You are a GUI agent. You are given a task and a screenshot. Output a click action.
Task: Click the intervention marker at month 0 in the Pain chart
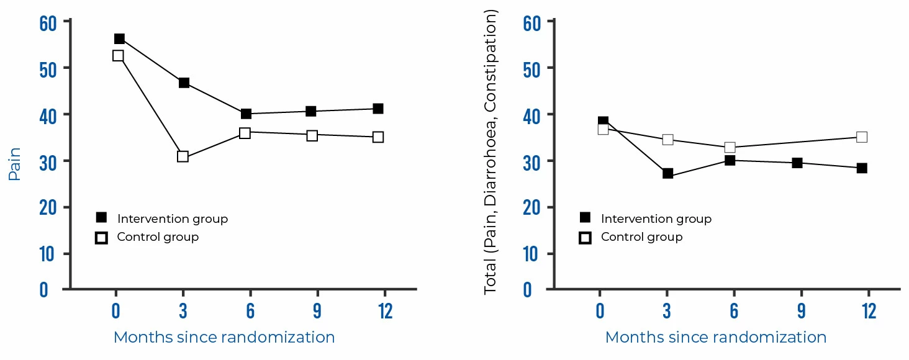pos(119,39)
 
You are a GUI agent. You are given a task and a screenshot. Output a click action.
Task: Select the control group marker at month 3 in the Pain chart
pos(183,156)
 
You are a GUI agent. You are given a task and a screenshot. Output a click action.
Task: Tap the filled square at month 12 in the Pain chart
pos(378,109)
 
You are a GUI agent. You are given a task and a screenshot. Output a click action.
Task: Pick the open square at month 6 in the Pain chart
pos(245,133)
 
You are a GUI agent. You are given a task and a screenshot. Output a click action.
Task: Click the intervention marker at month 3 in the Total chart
pos(667,173)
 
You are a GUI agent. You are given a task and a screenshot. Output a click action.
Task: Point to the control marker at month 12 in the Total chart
pos(861,137)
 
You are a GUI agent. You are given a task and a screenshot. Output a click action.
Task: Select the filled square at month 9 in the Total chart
pos(797,163)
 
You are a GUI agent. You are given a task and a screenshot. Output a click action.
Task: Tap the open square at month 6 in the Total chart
pos(730,148)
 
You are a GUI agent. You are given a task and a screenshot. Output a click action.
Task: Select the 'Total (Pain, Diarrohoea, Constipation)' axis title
pos(491,152)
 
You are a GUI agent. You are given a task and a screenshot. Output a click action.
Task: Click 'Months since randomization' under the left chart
pos(224,338)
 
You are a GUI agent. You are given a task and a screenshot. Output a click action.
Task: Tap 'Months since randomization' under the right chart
pos(715,338)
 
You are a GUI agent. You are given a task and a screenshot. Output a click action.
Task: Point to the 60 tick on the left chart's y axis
pos(48,22)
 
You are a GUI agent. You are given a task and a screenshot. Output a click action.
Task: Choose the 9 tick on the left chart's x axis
pos(317,311)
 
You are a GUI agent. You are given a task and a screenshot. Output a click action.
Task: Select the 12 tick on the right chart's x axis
pos(868,311)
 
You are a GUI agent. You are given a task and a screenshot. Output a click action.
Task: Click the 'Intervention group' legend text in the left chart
pos(172,219)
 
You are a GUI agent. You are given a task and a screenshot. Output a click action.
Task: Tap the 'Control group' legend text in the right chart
pos(641,237)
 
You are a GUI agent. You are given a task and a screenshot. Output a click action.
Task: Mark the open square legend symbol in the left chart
pos(101,238)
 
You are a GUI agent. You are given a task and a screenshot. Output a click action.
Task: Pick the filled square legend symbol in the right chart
pos(585,218)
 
